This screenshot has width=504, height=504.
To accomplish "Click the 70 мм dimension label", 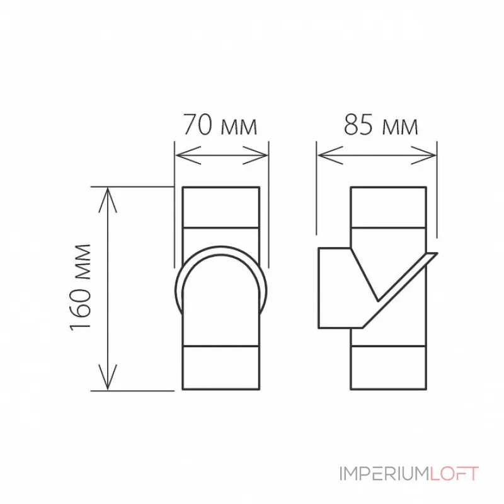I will pos(220,125).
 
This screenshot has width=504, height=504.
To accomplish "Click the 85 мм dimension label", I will pos(381,125).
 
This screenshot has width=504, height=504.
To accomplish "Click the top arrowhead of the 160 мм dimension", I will pos(109,195).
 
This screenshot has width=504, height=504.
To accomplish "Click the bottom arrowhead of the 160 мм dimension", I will pos(109,381).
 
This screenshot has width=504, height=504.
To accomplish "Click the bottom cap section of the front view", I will pos(220,368).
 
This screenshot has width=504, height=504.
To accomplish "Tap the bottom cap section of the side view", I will pos(388,368).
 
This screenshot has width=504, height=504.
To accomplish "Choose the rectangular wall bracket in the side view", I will pos(334,289).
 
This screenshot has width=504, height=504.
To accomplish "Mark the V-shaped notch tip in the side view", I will pos(377,299).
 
